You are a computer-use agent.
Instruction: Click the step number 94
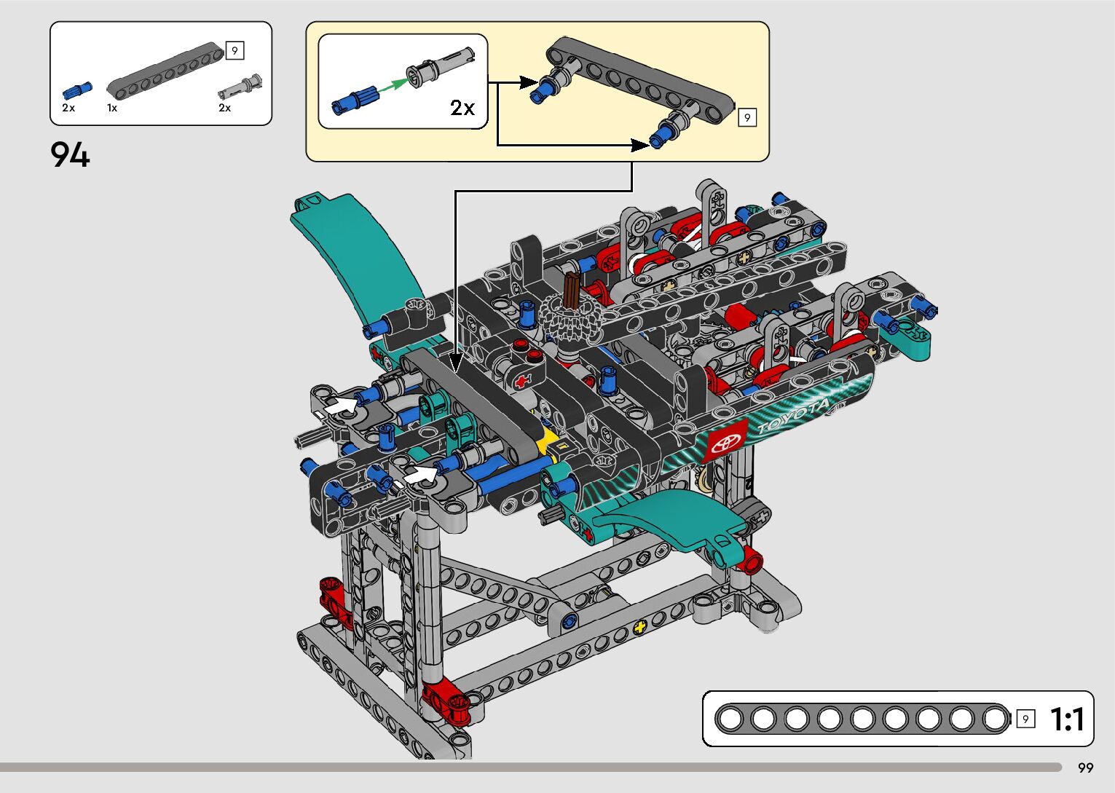click(x=70, y=155)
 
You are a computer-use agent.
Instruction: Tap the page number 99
click(x=1086, y=768)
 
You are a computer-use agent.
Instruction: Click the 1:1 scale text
click(x=1067, y=719)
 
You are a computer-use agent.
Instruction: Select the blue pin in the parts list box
click(x=77, y=91)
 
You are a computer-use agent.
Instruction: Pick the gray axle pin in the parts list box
click(x=240, y=87)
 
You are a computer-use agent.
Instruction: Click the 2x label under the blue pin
click(x=68, y=108)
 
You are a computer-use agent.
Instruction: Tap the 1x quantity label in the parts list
click(x=112, y=108)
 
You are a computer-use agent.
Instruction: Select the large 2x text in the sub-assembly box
click(x=462, y=108)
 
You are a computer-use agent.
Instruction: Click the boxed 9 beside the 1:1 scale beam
click(x=1025, y=719)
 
